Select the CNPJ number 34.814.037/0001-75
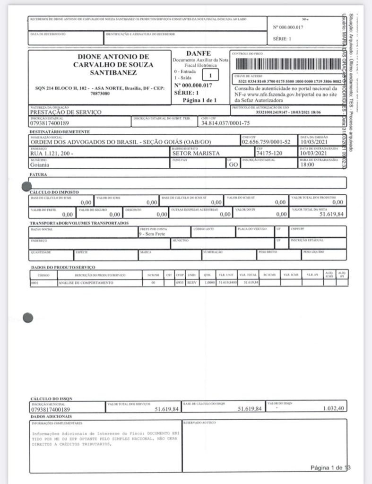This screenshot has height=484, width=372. pos(219,123)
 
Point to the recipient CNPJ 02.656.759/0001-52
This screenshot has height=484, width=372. pos(266,142)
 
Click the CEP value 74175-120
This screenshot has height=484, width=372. pos(268,154)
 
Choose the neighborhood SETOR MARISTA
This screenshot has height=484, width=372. pos(191,154)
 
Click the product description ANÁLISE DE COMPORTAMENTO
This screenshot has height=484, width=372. pos(86,283)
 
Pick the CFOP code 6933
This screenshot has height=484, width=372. pos(180,283)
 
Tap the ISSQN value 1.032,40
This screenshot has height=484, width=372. pos(333,408)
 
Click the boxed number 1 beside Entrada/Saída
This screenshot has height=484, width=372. pos(211,75)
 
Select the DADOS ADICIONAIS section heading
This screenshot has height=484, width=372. pos(51,416)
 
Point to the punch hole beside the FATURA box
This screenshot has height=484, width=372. pos(27,186)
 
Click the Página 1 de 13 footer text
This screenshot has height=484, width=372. pos(330,467)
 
